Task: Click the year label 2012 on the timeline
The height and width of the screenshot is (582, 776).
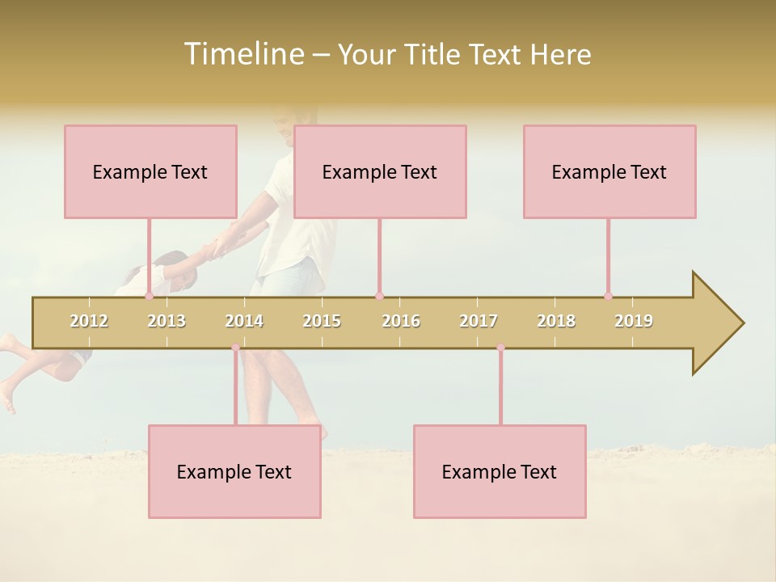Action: [x=89, y=321]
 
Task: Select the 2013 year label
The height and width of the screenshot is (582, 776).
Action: [x=167, y=321]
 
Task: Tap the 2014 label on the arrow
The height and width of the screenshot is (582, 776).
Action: [x=244, y=321]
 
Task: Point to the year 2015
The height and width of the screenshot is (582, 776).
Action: [x=322, y=321]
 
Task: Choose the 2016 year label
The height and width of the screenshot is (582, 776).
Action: [x=401, y=321]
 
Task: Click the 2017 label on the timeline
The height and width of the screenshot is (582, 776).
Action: [x=479, y=321]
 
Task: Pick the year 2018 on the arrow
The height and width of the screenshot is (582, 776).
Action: [x=556, y=321]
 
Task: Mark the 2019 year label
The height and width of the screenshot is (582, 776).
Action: [x=634, y=321]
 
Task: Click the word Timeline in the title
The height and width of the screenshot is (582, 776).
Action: [x=242, y=54]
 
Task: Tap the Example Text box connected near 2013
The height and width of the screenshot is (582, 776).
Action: [x=150, y=171]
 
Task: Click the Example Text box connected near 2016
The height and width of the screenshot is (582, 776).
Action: [x=380, y=171]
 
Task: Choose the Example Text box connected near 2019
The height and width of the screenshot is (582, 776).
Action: [x=609, y=171]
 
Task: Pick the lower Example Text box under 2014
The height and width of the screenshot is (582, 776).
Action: [x=234, y=471]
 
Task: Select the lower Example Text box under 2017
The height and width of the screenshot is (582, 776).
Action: [x=500, y=471]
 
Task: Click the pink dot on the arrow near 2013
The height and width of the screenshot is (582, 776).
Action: [x=149, y=296]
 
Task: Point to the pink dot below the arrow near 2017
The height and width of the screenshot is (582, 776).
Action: [x=500, y=348]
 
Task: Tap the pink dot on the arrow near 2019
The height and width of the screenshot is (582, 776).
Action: [x=608, y=296]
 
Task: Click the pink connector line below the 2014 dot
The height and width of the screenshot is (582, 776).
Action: [x=235, y=388]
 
